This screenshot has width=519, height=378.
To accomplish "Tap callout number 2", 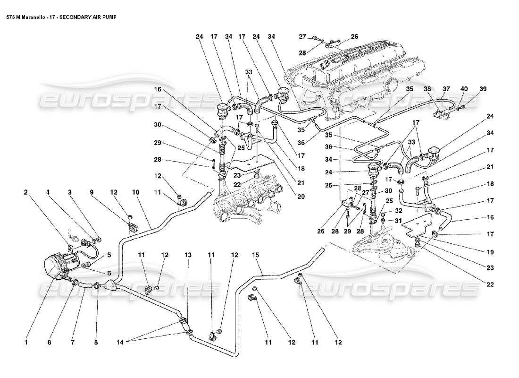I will point(26,193).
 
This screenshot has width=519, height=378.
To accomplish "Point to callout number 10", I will point(136,193).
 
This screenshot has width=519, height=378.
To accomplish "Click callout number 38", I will point(427,89).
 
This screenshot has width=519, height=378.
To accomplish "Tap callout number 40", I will point(464,89).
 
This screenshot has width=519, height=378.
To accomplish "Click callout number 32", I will point(399,211).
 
